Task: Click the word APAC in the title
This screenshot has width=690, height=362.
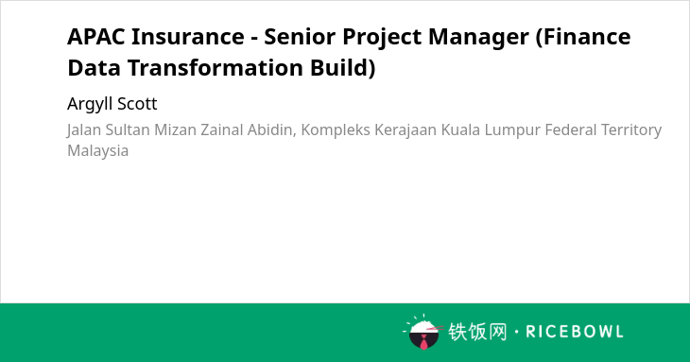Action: (95, 36)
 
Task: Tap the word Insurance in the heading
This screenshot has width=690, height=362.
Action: (188, 36)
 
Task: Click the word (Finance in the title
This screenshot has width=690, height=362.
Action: (583, 37)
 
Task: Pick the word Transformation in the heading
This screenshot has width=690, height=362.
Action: (216, 68)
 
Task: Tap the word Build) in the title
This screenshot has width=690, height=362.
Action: (343, 69)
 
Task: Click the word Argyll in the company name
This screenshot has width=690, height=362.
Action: (90, 105)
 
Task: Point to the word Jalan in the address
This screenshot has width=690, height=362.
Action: (84, 130)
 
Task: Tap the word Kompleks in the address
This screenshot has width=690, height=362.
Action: (336, 130)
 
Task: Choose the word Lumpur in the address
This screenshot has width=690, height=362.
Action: (511, 130)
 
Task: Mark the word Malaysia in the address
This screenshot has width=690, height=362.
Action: (97, 151)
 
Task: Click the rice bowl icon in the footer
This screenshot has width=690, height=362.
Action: (423, 332)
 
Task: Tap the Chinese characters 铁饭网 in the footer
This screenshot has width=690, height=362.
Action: (477, 332)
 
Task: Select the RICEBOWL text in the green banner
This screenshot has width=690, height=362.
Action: (575, 332)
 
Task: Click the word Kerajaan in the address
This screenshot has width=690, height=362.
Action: (405, 130)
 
